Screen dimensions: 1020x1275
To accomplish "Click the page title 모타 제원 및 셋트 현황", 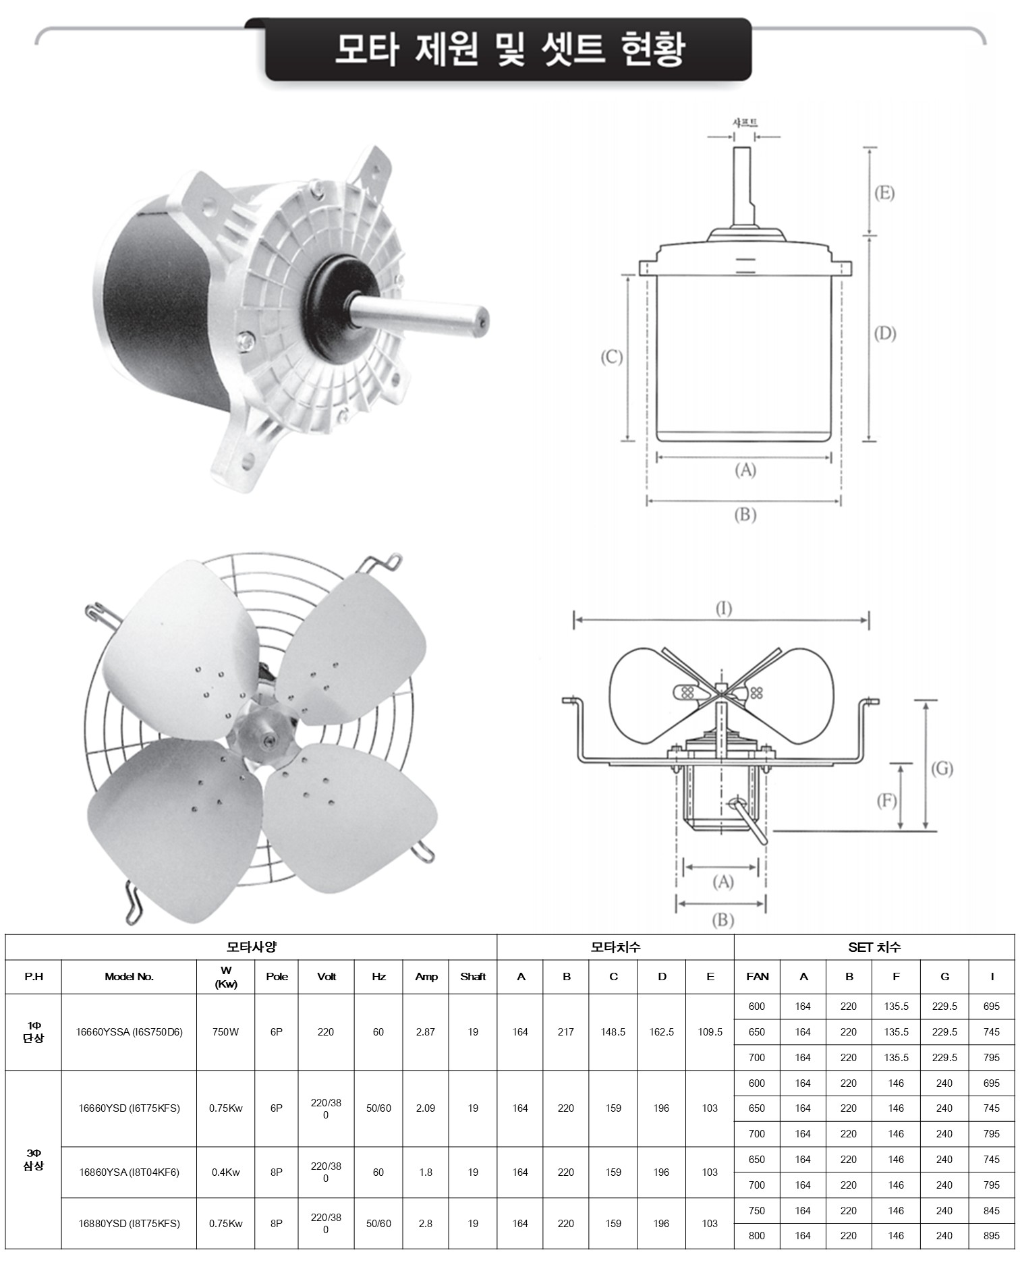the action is (509, 49).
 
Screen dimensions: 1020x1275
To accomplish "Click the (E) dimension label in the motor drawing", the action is (884, 193).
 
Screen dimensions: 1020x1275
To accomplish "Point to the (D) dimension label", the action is (884, 333).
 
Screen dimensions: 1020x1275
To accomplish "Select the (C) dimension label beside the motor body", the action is (612, 357).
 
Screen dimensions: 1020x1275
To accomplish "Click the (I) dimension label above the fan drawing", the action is (723, 608).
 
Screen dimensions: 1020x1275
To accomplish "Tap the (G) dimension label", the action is (942, 768).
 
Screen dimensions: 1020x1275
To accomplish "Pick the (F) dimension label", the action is (886, 801).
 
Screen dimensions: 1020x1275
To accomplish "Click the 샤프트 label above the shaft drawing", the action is (745, 123).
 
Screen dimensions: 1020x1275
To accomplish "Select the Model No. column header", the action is (129, 976).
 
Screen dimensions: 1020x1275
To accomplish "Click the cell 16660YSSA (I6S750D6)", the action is (129, 1032).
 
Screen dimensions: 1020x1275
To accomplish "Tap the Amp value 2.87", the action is (426, 1032).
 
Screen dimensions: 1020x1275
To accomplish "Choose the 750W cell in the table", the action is (225, 1032).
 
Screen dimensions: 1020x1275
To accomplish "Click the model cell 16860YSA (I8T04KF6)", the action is (129, 1172).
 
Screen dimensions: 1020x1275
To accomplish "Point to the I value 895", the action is (992, 1236).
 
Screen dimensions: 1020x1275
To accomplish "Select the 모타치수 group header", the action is (615, 947).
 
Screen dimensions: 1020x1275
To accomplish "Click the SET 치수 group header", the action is (874, 947).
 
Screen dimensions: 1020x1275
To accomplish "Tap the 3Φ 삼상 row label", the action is (33, 1160).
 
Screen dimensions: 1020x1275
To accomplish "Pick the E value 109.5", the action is (710, 1032).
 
